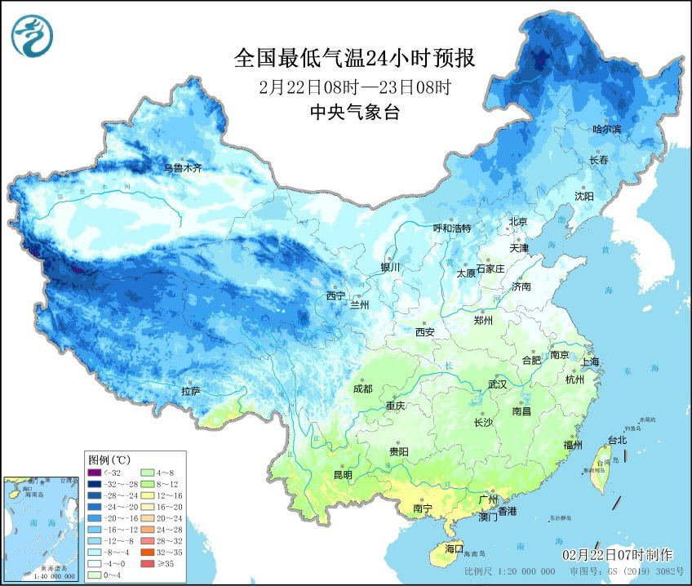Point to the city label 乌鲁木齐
[x=182, y=168]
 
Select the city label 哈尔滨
[x=606, y=130]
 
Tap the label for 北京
[x=518, y=222]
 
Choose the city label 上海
[x=590, y=362]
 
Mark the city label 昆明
[x=343, y=475]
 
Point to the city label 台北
[x=617, y=441]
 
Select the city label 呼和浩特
[x=451, y=229]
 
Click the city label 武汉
[x=497, y=384]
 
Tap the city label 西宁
[x=335, y=295]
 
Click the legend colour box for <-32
[x=95, y=473]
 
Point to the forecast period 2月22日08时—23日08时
[x=354, y=86]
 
